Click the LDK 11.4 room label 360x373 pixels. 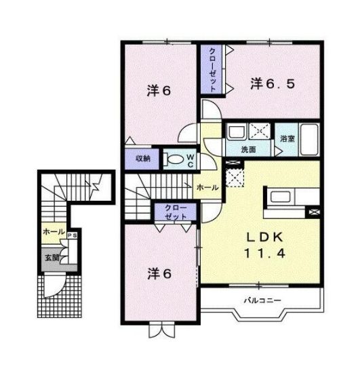click(264, 246)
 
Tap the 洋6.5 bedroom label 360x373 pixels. click(273, 83)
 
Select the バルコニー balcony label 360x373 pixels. click(262, 300)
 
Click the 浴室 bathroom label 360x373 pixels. click(287, 138)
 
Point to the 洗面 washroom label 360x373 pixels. click(248, 149)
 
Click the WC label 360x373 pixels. click(191, 161)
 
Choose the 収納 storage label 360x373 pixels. click(143, 158)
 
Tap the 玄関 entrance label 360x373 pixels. click(52, 258)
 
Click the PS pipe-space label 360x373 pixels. click(72, 235)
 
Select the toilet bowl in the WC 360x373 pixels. click(174, 159)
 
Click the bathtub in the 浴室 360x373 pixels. click(309, 140)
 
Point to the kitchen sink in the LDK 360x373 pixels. click(280, 197)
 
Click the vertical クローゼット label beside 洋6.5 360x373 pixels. click(212, 70)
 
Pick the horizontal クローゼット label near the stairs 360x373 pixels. click(176, 212)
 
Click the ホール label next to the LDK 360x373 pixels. click(207, 188)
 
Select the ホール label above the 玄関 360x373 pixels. click(54, 231)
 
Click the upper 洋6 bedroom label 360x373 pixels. click(159, 91)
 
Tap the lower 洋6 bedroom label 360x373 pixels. click(159, 273)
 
